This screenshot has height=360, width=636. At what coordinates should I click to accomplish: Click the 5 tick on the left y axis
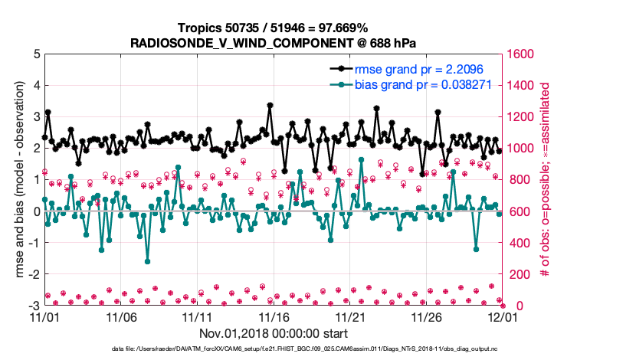point(36,54)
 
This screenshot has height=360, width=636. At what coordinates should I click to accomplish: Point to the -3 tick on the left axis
point(34,306)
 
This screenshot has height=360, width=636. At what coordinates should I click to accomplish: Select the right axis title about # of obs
point(546,180)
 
